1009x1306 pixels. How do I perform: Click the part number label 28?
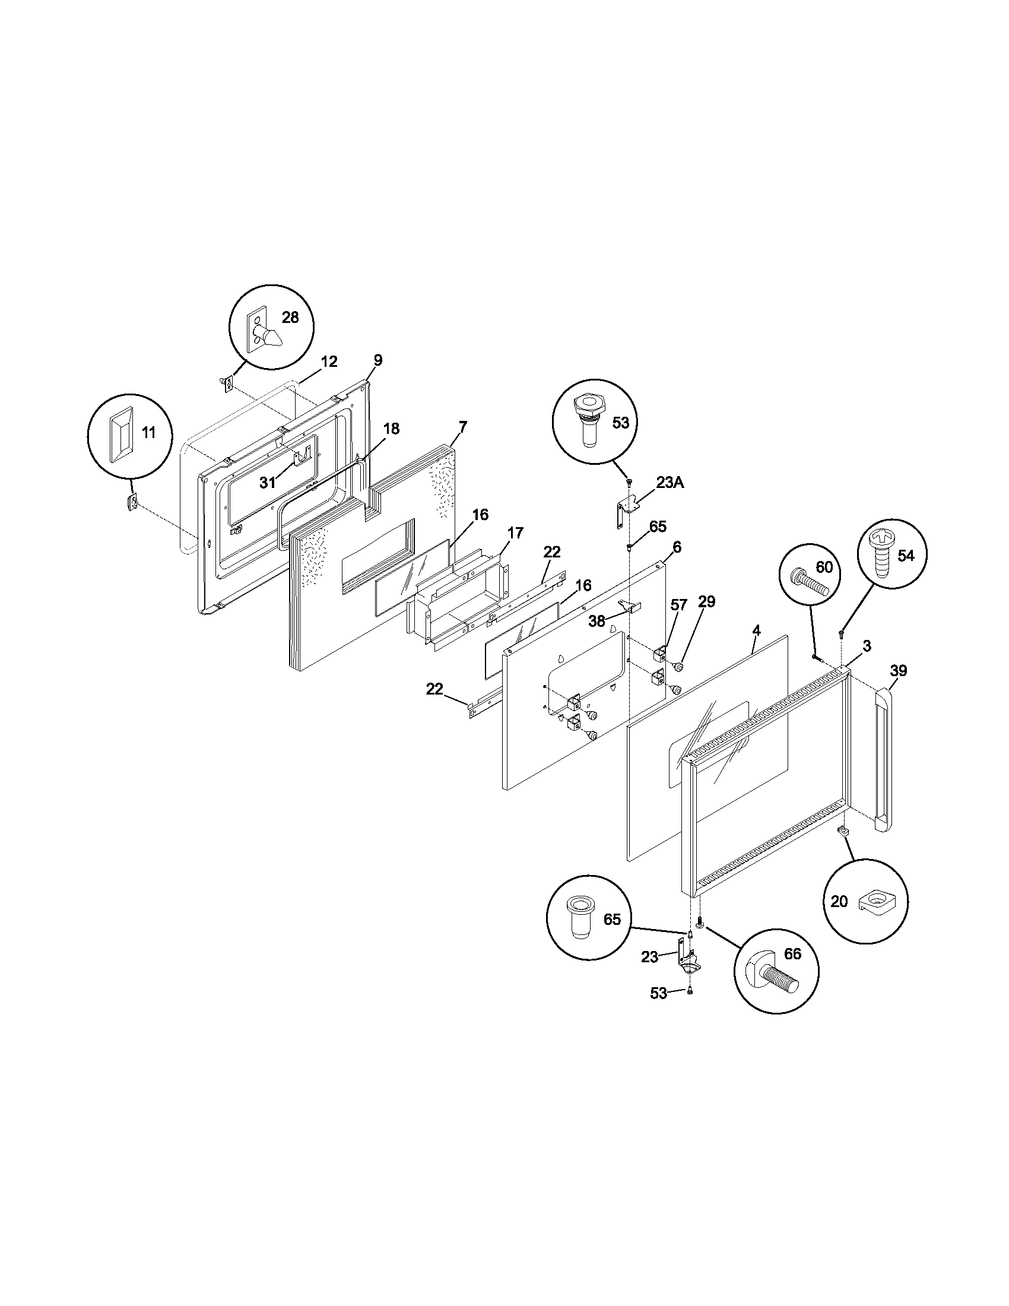tap(290, 318)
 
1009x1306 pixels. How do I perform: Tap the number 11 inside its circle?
tap(148, 432)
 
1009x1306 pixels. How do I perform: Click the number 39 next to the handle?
tap(898, 670)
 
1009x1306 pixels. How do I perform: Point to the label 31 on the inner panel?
tap(267, 483)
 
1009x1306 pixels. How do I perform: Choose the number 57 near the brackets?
tap(678, 605)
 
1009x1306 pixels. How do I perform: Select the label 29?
tap(706, 601)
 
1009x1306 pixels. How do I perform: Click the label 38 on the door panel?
tap(596, 622)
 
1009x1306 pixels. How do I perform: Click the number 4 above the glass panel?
tap(756, 630)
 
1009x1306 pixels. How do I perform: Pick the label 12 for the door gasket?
tap(329, 361)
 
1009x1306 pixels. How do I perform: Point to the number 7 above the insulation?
tap(463, 427)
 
